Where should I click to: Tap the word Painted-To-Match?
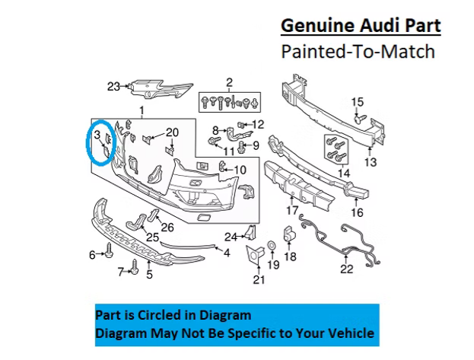[x=358, y=52]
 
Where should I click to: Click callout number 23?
[x=113, y=87]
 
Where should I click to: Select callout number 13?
[x=371, y=162]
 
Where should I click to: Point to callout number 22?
[x=346, y=269]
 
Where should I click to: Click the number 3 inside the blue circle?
[x=97, y=135]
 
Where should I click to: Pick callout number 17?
[x=292, y=210]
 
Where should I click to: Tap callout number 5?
[x=149, y=275]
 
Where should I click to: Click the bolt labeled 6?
[x=109, y=250]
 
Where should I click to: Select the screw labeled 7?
[x=135, y=267]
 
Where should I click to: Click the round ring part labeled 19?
[x=272, y=245]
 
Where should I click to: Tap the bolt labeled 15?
[x=360, y=118]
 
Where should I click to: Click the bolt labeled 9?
[x=242, y=147]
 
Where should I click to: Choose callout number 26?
[x=167, y=228]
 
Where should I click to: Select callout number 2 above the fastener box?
[x=230, y=82]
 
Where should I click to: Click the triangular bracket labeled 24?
[x=252, y=232]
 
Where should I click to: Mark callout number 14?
[x=344, y=174]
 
